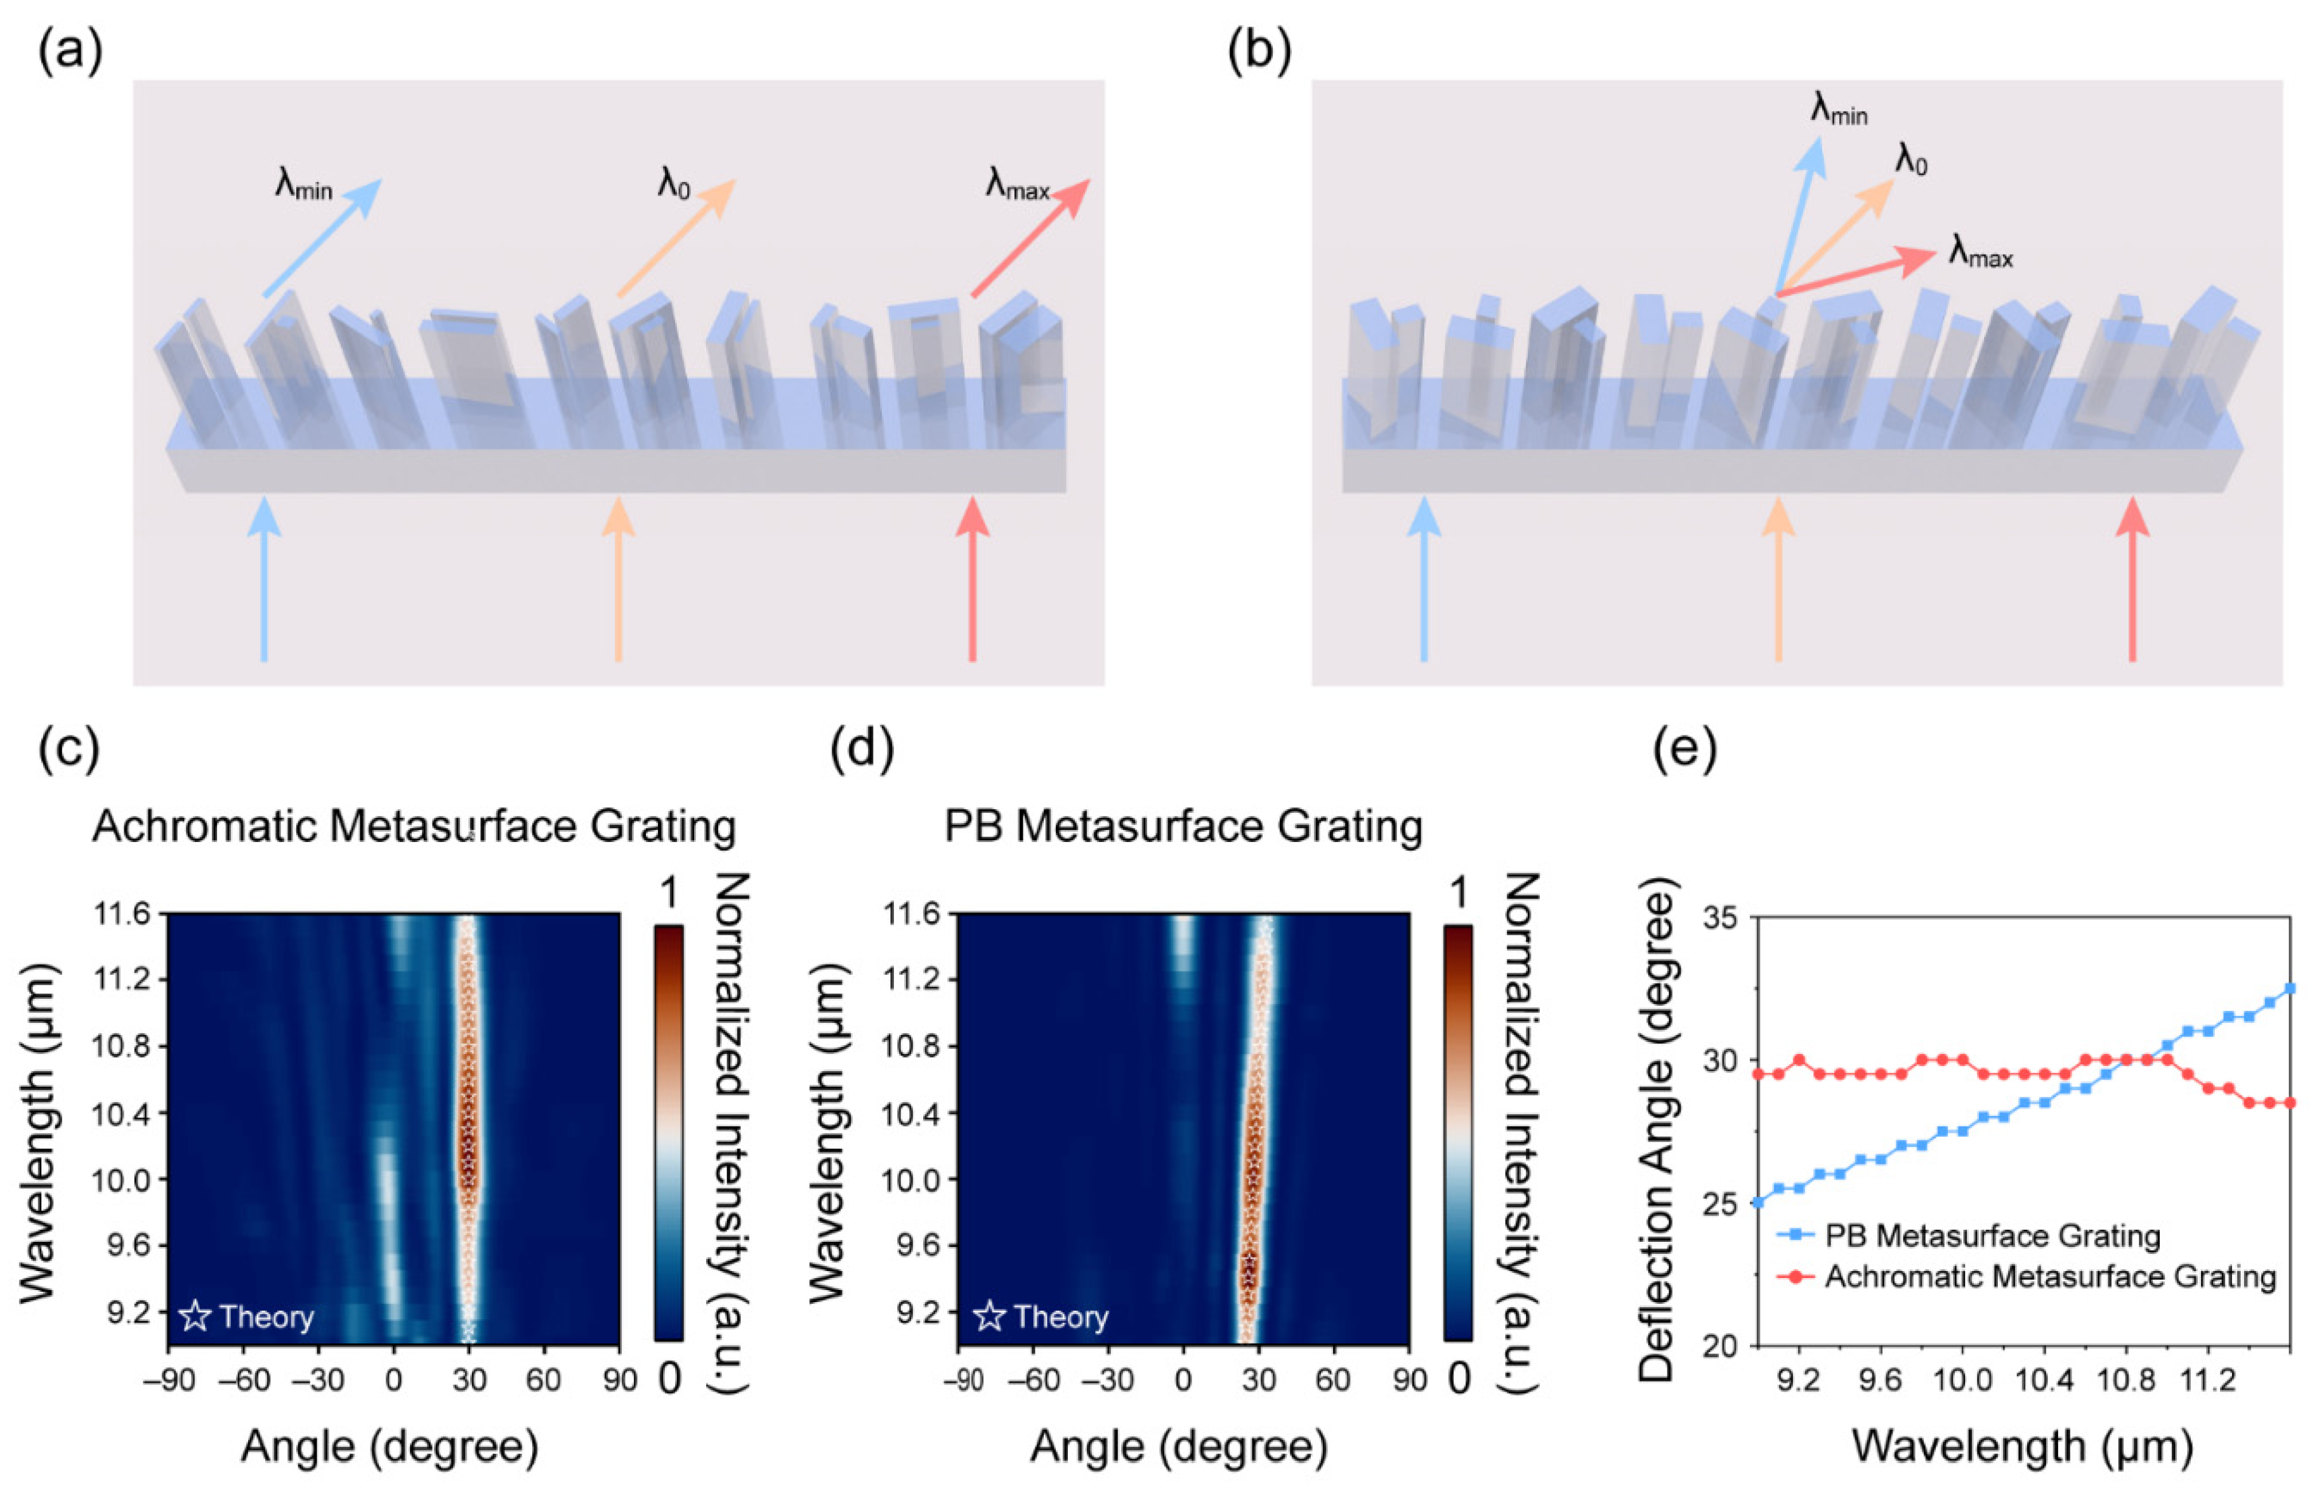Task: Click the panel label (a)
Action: pyautogui.click(x=70, y=51)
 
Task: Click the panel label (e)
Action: pyautogui.click(x=1684, y=749)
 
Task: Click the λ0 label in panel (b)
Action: pyautogui.click(x=1910, y=159)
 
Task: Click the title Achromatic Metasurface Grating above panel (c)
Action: pyautogui.click(x=414, y=827)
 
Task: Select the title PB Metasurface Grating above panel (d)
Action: pyautogui.click(x=1183, y=827)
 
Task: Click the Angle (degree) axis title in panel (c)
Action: pyautogui.click(x=390, y=1447)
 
